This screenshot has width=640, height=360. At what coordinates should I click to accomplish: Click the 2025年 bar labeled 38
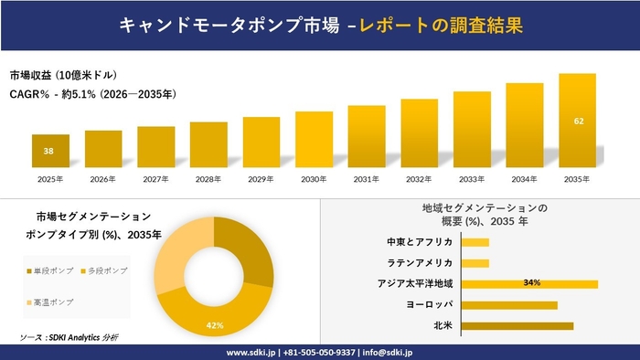coord(50,152)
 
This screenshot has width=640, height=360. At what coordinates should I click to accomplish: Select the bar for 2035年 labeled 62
coord(578,122)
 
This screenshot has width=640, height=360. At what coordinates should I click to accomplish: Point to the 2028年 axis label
coord(208,179)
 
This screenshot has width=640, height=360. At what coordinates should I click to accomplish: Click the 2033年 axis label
coord(472,179)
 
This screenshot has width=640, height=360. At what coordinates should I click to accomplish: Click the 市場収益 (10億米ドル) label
coord(63,75)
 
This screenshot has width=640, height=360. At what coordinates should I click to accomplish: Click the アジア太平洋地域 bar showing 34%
coord(529,283)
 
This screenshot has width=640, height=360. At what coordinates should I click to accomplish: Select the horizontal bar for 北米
coord(517,325)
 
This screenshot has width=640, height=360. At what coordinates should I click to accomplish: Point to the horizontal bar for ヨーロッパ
coord(509,304)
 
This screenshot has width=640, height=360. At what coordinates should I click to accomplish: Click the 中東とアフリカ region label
coord(420,242)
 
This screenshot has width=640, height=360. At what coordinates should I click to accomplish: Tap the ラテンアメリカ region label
coord(422,263)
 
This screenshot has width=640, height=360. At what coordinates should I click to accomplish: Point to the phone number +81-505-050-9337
coord(320,352)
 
